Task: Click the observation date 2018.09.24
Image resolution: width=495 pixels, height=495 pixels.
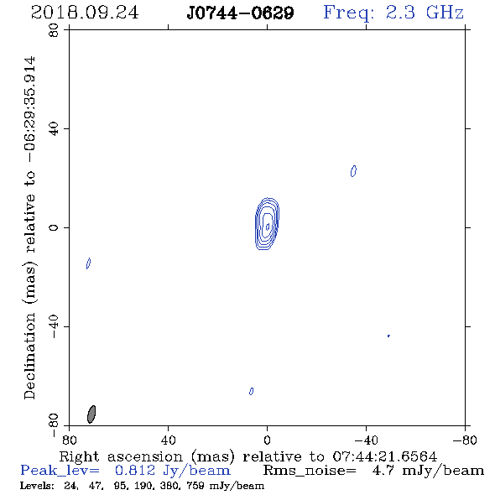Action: coord(85,13)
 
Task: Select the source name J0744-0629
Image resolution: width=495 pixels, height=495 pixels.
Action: coord(240,13)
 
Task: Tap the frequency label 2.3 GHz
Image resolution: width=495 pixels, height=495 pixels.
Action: coord(425,13)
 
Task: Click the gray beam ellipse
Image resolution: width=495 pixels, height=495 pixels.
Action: coord(91,414)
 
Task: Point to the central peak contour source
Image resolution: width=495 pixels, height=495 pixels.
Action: coord(267,223)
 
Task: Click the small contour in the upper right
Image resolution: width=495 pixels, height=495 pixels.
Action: coord(353,171)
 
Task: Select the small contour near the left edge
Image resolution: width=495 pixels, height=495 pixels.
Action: coord(88,263)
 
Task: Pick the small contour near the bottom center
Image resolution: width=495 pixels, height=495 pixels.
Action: coord(252,391)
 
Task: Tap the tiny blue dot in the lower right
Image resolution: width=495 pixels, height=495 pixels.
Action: coord(388,336)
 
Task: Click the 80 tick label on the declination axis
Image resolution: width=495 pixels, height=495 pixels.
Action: coord(54,30)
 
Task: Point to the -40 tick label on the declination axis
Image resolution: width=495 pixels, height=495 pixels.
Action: coord(54,326)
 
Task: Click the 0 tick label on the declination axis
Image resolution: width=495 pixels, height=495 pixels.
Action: coord(54,227)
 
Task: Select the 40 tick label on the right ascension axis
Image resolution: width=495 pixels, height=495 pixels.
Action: coord(168,440)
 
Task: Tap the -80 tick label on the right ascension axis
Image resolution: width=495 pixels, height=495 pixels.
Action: coord(465,440)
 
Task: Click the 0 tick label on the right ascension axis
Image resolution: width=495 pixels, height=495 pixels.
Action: coord(267,440)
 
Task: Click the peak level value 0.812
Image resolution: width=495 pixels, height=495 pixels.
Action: coord(135,471)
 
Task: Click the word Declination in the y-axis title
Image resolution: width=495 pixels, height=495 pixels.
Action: coord(29,357)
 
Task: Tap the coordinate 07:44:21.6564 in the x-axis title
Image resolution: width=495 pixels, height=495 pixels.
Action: coord(385,456)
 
